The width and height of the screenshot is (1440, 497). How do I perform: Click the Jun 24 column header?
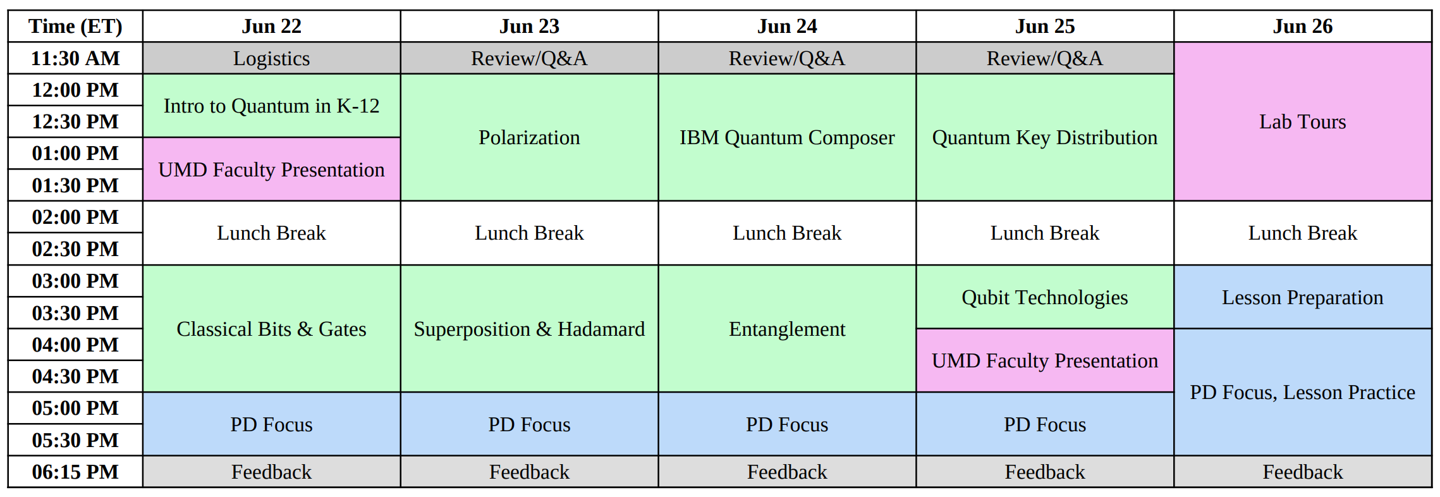coord(787,27)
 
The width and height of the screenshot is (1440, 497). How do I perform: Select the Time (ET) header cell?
coord(75,27)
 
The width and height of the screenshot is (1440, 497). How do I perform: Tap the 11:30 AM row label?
coord(75,58)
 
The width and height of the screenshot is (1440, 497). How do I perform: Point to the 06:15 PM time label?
coord(75,472)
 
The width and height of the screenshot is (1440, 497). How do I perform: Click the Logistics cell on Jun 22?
coord(271,58)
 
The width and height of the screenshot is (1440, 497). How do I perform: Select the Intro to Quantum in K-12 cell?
coord(271,106)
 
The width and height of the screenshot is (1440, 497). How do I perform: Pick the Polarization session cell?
coord(529,137)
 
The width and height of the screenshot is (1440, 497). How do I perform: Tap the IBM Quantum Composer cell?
coord(787,137)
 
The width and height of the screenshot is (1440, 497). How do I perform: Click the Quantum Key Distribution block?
coord(1044,137)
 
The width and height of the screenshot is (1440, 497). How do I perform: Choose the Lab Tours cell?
coord(1302,121)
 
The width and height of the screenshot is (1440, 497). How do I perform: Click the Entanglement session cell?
coord(787,329)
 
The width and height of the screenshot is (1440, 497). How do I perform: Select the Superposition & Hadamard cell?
coord(529,329)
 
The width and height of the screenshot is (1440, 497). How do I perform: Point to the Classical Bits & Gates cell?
coord(271,329)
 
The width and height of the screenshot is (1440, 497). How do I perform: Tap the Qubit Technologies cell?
coord(1044,297)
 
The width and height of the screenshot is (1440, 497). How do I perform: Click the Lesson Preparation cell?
coord(1302,297)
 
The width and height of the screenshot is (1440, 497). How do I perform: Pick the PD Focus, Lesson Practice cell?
coord(1302,392)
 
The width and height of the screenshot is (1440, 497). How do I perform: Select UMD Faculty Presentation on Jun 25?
coord(1044,360)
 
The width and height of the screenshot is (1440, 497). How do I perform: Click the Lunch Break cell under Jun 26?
coord(1302,233)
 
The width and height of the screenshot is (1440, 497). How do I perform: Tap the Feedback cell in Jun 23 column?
coord(529,472)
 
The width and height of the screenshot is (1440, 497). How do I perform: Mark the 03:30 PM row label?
coord(75,313)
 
